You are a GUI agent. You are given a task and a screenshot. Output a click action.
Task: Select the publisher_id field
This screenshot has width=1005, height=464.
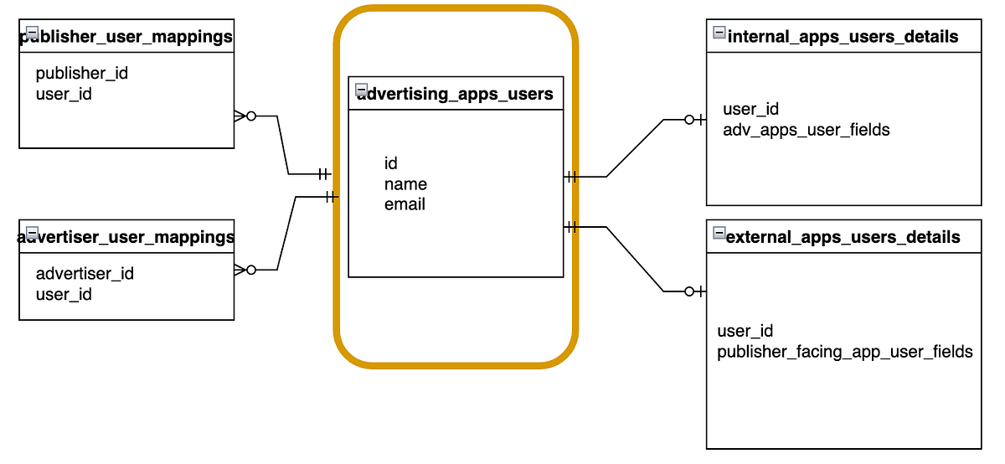(82, 73)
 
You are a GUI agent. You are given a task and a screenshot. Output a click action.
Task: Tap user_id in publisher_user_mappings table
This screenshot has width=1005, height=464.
(64, 94)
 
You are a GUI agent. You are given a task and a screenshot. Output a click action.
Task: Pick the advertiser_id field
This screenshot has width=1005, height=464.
(85, 273)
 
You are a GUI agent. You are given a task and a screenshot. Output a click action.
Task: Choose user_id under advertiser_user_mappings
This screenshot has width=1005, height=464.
(64, 294)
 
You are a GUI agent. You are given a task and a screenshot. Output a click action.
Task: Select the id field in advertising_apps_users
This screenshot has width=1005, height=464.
(391, 163)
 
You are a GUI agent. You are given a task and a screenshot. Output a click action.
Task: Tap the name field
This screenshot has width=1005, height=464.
(405, 183)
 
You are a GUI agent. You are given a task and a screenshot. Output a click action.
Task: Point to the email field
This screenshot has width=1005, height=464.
(405, 204)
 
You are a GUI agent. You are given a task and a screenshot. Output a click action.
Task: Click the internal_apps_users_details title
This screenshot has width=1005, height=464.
(843, 37)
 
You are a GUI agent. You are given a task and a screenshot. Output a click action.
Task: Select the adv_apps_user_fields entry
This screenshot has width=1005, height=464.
(806, 130)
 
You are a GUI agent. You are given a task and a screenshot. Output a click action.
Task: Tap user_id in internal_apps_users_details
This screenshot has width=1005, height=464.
(751, 109)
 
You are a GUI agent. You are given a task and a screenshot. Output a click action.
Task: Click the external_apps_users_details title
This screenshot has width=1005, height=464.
(843, 237)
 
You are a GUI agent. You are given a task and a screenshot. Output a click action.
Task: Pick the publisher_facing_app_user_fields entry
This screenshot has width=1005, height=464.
(845, 352)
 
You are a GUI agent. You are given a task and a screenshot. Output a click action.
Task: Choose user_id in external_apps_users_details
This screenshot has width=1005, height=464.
(745, 331)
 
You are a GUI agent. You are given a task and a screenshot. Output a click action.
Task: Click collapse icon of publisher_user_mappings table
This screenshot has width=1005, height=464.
(32, 33)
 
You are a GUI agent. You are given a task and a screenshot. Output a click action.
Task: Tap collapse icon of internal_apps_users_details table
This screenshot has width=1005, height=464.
(719, 33)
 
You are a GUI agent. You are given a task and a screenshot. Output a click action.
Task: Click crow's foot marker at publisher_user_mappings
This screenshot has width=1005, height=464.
(240, 116)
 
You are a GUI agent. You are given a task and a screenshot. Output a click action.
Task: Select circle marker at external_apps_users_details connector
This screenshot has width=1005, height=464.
(689, 291)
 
